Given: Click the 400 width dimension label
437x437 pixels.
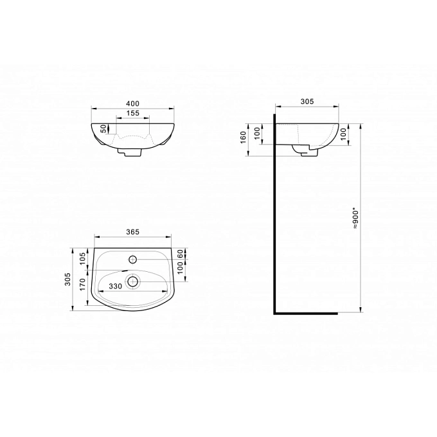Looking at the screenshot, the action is (132, 103).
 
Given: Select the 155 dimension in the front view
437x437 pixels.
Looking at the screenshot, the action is (132, 113).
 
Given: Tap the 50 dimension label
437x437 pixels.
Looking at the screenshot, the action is (103, 129).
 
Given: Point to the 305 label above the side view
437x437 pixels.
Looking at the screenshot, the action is (307, 102).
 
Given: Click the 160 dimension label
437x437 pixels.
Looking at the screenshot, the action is (244, 138).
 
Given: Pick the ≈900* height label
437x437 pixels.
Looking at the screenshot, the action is (355, 219).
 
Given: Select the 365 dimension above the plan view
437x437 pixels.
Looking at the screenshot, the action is (132, 232).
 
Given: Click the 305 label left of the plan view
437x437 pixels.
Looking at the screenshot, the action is (67, 280).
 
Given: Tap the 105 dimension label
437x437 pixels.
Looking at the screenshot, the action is (83, 259).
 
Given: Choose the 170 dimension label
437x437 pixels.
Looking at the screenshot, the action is (83, 285).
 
